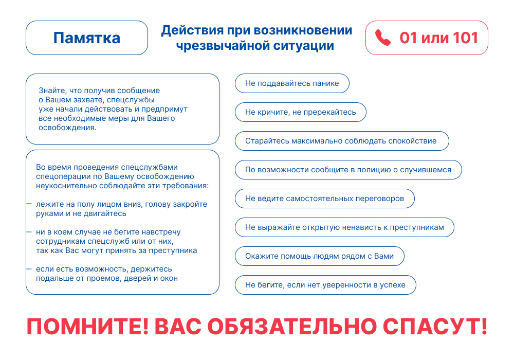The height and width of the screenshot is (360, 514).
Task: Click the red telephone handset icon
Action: click(382, 38)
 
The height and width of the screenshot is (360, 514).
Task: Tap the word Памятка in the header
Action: click(87, 38)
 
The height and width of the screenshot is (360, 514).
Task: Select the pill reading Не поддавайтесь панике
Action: click(292, 83)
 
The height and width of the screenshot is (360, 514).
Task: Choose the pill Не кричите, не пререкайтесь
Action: click(301, 112)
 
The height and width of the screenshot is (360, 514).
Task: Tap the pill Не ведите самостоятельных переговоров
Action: click(325, 199)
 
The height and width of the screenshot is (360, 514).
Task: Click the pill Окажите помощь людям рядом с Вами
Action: click(320, 256)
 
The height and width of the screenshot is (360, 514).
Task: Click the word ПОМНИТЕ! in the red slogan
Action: click(87, 326)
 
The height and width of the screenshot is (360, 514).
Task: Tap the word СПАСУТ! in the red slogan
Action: click(435, 326)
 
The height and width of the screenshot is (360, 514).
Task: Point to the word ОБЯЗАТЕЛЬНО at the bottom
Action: click(292, 326)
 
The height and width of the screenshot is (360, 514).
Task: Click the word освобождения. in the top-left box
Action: click(67, 128)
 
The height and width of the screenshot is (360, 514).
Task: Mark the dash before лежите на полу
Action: click(29, 204)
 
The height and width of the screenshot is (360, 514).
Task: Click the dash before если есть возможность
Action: click(29, 269)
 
